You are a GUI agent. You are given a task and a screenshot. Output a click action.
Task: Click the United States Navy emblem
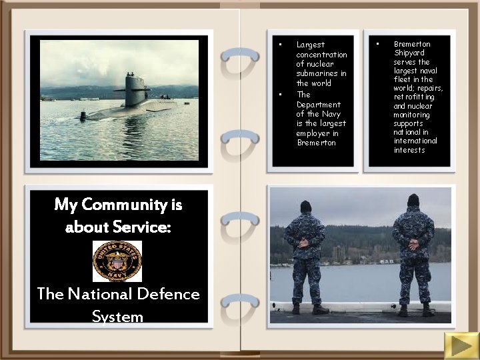[x=117, y=261]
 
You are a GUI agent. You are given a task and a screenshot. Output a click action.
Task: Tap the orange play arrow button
[x=459, y=345]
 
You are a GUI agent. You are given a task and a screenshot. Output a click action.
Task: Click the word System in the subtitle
[x=117, y=316]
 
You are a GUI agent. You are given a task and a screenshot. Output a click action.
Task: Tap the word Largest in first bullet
[x=310, y=45]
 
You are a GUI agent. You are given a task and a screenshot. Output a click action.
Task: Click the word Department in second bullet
[x=318, y=104]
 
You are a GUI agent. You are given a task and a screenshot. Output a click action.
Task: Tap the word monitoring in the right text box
[x=411, y=115]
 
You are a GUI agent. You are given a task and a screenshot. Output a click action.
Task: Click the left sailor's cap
[x=305, y=205]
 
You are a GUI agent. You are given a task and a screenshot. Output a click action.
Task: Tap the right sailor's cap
[x=413, y=199]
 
